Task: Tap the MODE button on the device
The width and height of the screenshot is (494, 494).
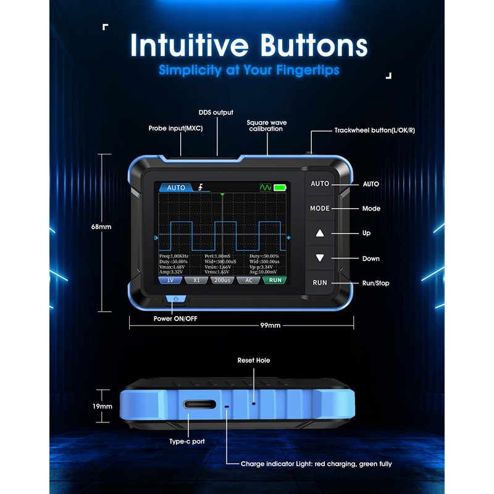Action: point(320,209)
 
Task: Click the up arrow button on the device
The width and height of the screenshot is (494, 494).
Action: point(320,233)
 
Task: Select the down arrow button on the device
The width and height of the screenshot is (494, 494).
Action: point(320,258)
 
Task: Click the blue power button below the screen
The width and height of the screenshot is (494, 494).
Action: point(177,299)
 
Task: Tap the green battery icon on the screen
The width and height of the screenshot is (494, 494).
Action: point(281,187)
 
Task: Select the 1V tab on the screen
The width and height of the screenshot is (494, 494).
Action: point(169,280)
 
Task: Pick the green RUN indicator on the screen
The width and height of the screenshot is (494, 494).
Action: point(275,280)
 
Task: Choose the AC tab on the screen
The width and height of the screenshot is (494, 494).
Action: point(248,280)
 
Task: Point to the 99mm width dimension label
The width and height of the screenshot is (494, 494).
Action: point(270,325)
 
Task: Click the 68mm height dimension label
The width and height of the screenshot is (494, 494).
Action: point(101,227)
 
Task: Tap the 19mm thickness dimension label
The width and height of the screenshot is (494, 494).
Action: point(103,406)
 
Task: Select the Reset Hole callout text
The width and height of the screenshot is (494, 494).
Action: point(254,360)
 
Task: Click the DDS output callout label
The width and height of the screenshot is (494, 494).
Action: point(216,112)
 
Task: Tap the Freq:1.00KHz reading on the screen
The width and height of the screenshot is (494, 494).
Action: point(174,256)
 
